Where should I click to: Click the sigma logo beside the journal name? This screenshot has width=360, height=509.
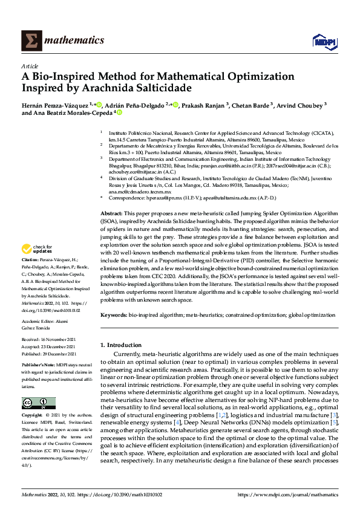pos(29,41)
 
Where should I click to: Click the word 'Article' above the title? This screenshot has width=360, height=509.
pos(29,66)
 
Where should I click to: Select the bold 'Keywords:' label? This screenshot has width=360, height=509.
pos(114,315)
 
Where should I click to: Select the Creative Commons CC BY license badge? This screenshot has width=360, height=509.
pos(38,403)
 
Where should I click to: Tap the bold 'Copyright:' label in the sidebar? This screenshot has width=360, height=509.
pos(33,416)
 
